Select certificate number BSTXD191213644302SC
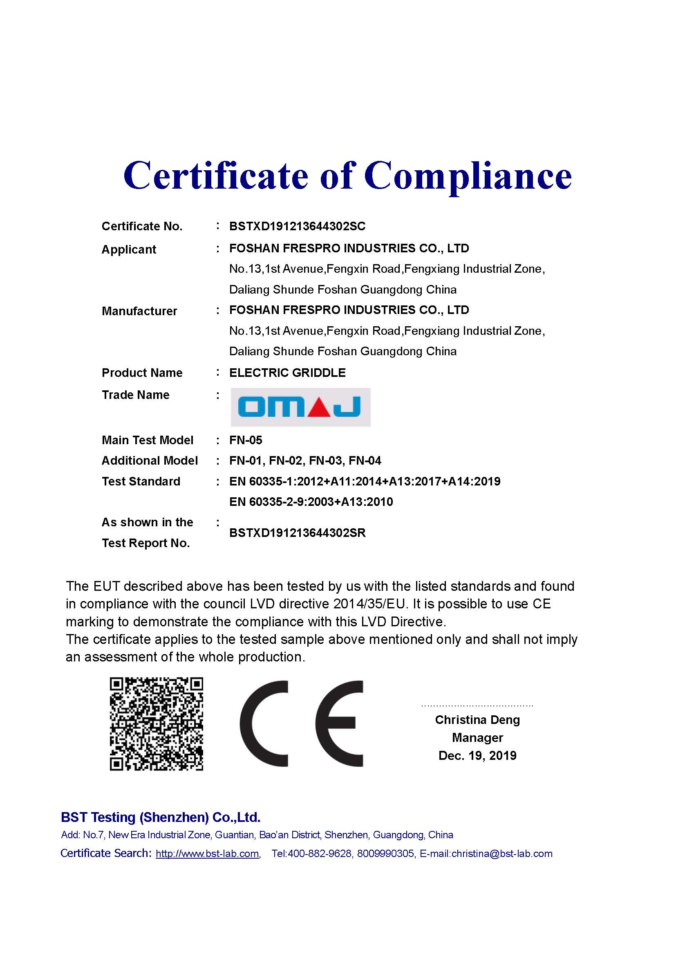coord(297,226)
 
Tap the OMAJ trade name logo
coord(300,407)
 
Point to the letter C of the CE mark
coord(264,724)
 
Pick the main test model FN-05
coord(246,440)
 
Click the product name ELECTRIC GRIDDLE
coord(287,373)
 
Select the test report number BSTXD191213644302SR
coord(297,533)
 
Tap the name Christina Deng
coord(477,720)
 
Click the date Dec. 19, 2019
coord(477,755)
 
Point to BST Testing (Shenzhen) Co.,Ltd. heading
coord(160,817)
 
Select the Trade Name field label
coord(136,395)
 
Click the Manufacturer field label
coord(139,311)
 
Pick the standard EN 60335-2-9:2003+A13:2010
coord(311,502)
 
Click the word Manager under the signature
coord(477,737)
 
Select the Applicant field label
coord(129,249)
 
